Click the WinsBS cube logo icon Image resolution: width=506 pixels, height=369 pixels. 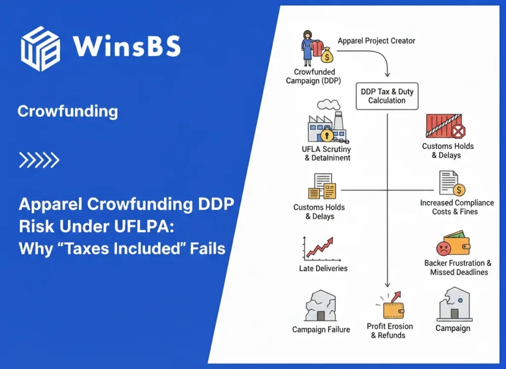40,48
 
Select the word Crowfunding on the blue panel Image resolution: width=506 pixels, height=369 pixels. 68,111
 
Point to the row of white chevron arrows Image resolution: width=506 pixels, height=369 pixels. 39,160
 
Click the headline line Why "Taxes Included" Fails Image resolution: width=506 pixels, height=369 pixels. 122,247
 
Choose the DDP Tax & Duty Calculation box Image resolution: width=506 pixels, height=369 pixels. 387,96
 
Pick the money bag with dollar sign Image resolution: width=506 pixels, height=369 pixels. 327,57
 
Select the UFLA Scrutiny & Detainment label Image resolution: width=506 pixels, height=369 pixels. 326,153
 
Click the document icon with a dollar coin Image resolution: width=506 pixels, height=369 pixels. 452,183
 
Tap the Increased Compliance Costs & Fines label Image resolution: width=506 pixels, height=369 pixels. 457,207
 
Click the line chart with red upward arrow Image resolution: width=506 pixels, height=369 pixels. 319,248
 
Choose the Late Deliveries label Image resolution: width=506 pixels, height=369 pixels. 323,269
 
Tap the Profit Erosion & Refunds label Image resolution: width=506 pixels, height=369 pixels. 389,330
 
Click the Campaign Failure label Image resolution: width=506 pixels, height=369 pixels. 321,329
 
